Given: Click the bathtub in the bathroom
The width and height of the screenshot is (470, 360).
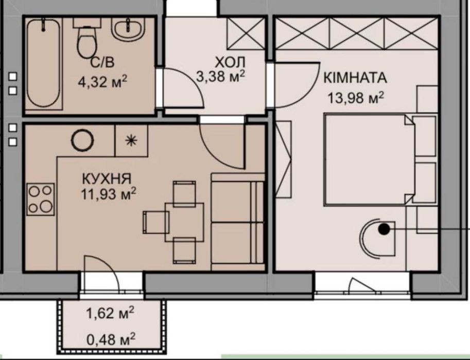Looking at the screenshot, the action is point(44,63).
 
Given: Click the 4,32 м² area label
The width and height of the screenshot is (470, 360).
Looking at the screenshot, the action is point(103,81).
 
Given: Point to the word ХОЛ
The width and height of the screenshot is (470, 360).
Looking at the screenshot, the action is point(230,62).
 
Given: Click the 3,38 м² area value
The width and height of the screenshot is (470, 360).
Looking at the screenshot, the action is point(221,76).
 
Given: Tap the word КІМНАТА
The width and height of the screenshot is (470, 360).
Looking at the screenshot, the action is point(355,78).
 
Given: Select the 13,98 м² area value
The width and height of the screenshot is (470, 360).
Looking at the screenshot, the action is point(356,98).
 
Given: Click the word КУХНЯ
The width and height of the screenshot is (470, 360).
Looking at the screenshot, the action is point(107,179).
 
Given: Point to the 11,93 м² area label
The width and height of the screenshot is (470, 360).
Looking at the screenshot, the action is point(108,193).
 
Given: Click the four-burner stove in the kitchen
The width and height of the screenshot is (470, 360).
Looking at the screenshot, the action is point(41,199).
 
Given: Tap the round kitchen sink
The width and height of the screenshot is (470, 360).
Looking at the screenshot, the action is point(82,140).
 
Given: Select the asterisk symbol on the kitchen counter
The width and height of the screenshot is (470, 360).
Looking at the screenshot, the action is point(131,140).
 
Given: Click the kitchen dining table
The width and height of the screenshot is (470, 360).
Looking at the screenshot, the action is point(184,222).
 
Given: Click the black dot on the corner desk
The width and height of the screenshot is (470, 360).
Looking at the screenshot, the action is point(384,229).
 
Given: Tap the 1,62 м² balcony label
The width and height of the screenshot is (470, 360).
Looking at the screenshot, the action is point(110,313).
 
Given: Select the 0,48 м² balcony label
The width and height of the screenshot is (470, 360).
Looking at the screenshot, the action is point(111,339).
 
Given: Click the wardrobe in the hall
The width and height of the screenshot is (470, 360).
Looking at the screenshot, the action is point(246,33).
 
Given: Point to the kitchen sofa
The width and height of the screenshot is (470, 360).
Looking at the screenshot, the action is point(238,222).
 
